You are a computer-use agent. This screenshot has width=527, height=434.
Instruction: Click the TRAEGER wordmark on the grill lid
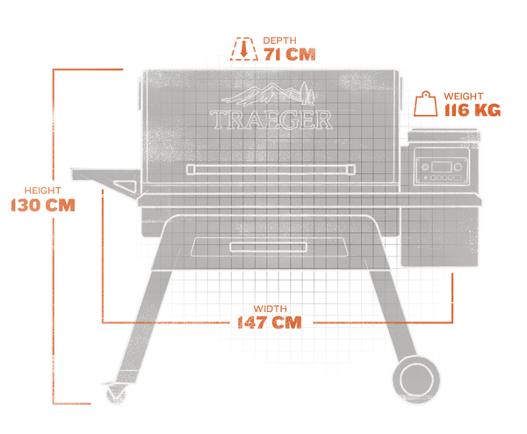271,119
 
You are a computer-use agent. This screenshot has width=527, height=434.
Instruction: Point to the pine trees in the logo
305,91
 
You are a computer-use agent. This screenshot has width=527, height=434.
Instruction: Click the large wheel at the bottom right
413,379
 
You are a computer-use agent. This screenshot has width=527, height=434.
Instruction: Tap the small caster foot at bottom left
113,394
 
